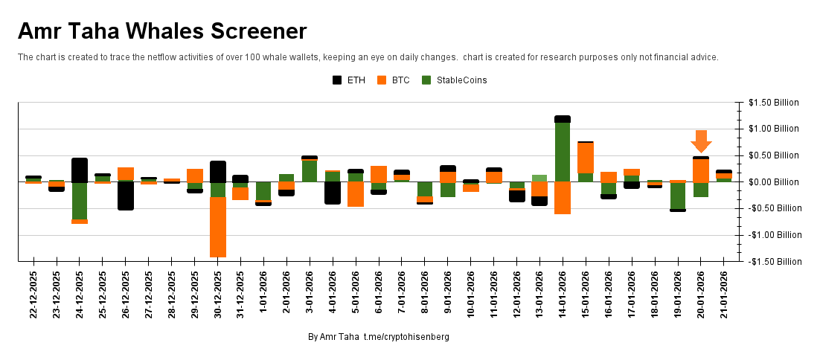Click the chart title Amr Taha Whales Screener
coord(162,31)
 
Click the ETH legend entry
coord(349,80)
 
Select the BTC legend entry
coord(394,80)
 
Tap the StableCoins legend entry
coord(454,80)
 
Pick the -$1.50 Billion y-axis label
coord(774,262)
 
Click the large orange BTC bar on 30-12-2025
coord(218,227)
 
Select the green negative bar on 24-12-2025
coord(80,201)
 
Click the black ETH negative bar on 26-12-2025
coord(126,196)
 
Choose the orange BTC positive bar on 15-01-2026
coord(586,158)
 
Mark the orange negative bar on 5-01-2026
coord(356,194)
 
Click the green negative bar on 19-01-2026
coord(678,195)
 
